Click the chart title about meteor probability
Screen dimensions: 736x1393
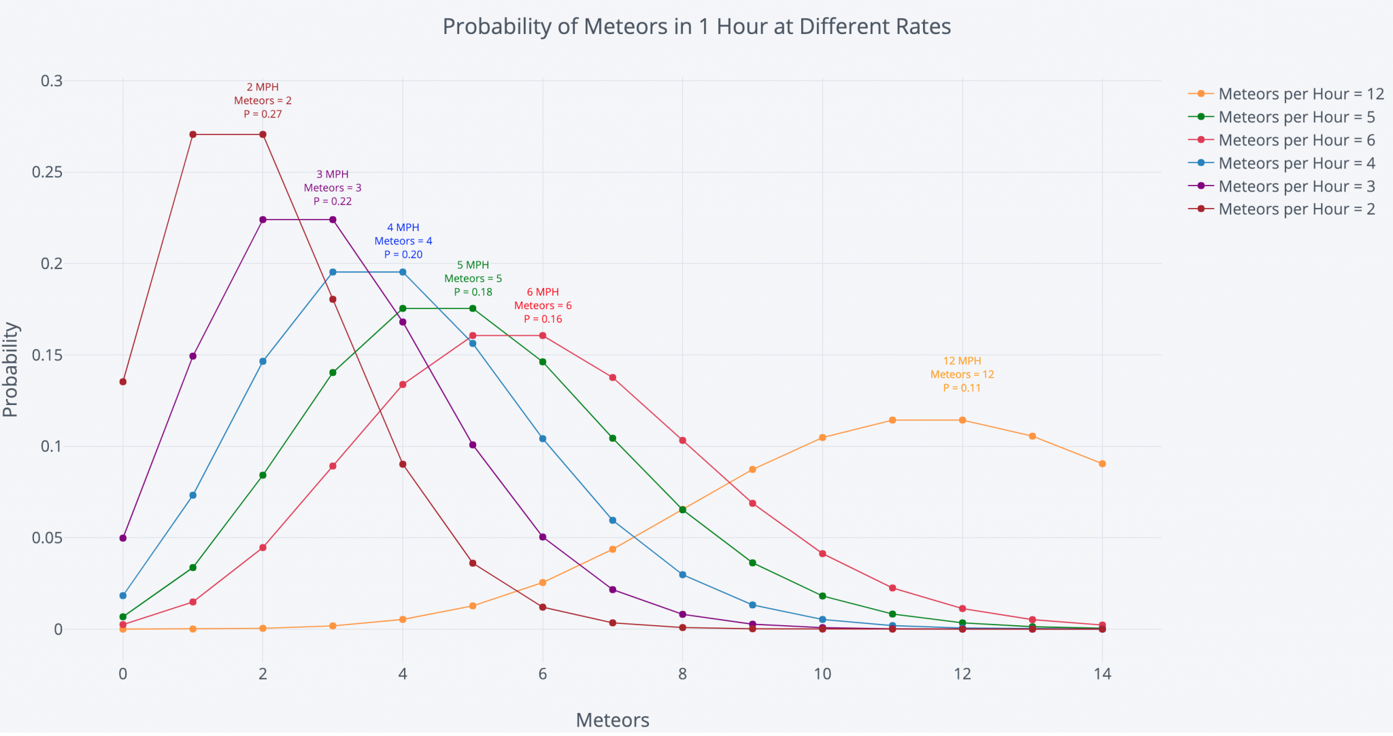coord(696,27)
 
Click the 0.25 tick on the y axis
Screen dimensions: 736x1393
coord(47,172)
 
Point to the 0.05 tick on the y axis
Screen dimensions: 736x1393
coord(47,538)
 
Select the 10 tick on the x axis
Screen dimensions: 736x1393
coord(822,674)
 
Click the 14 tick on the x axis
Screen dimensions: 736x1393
coord(1102,674)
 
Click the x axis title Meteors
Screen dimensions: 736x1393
coord(612,720)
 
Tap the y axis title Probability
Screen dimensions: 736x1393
coord(11,369)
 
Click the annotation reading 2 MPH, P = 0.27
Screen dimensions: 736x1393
coord(263,101)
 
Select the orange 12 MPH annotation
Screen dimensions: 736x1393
coord(962,374)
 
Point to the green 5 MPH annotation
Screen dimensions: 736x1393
coord(473,279)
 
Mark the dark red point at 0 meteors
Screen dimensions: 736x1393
coord(123,382)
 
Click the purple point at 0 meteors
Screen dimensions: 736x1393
coord(123,538)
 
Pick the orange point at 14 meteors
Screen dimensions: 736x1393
coord(1102,463)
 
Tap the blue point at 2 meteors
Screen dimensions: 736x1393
coord(263,362)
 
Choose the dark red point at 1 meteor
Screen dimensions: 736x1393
coord(193,135)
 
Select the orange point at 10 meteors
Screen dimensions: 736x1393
coord(822,438)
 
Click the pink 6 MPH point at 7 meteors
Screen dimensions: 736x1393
coord(612,378)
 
